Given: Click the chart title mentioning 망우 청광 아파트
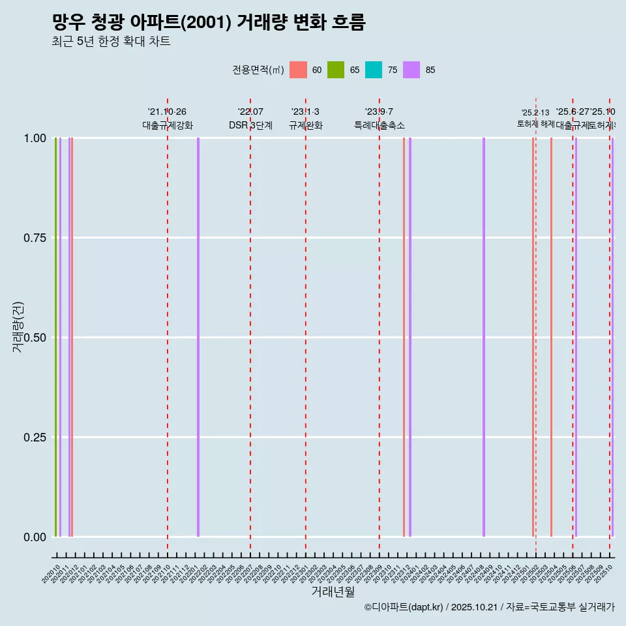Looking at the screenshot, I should tap(209, 22).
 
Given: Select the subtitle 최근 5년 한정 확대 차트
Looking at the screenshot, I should tap(111, 42).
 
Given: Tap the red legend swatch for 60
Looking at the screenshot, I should tap(298, 70).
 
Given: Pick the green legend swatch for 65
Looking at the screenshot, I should tap(336, 70).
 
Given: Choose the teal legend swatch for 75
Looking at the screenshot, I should tap(374, 70).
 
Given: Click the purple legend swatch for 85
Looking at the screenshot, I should tap(411, 70).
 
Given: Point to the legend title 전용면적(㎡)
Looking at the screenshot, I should tap(258, 70).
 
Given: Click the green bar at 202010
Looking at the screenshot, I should tap(56, 336).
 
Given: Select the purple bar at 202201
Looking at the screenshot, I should tap(198, 336).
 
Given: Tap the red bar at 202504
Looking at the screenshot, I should tap(551, 336).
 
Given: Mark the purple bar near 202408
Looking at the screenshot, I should tap(484, 336).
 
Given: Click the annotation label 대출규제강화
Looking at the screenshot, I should tap(168, 125).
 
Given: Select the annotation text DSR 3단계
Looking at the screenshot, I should tap(250, 125).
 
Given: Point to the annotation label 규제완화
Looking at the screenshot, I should tap(306, 125).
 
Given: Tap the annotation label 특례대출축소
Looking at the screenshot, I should tap(380, 125).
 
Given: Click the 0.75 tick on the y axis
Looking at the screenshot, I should tap(34, 238).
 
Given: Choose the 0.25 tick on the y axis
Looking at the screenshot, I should tap(34, 437).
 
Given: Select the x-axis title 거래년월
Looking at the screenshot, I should tap(333, 592).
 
